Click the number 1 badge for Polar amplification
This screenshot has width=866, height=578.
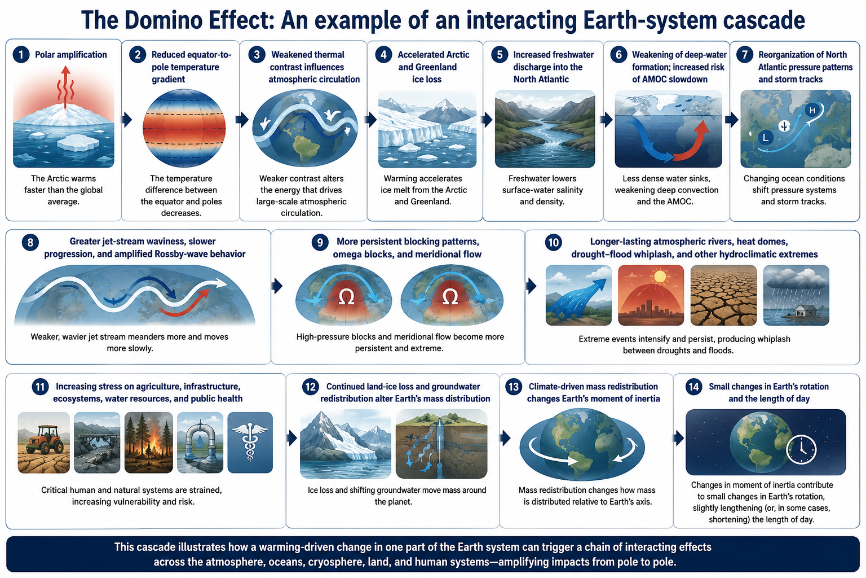21,55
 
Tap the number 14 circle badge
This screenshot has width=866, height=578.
693,386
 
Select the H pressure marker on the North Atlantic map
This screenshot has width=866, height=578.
812,110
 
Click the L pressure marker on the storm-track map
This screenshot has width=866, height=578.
766,137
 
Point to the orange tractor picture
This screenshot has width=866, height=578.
43,442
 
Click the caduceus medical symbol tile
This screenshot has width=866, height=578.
250,442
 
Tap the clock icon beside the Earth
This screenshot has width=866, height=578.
801,449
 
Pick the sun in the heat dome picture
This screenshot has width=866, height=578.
660,277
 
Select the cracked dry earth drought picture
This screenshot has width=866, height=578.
723,295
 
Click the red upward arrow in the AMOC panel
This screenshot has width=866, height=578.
692,140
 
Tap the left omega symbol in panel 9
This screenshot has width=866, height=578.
346,297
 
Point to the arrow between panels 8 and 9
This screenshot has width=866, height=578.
277,286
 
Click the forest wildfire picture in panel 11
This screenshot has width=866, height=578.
148,442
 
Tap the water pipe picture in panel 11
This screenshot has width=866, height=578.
200,442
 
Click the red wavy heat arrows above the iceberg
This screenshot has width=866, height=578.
65,87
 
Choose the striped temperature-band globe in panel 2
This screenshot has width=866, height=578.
184,128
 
